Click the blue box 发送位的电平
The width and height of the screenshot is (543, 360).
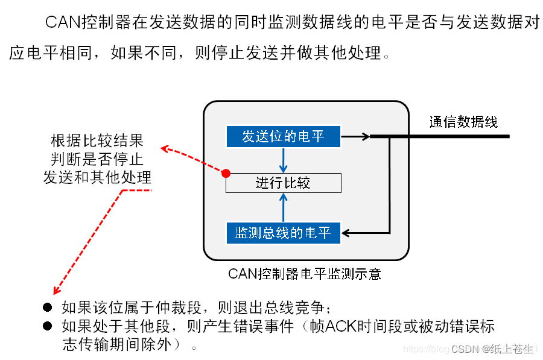[x=283, y=136]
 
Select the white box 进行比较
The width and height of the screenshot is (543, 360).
[x=283, y=183]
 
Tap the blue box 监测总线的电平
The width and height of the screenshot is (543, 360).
[x=283, y=233]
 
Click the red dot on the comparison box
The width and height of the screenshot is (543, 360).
[x=226, y=174]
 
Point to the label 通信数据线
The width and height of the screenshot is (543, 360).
[x=463, y=122]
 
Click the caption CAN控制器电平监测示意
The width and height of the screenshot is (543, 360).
[x=305, y=274]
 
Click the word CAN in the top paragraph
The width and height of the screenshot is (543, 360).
[x=62, y=24]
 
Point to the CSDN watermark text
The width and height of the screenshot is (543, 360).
[x=492, y=349]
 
